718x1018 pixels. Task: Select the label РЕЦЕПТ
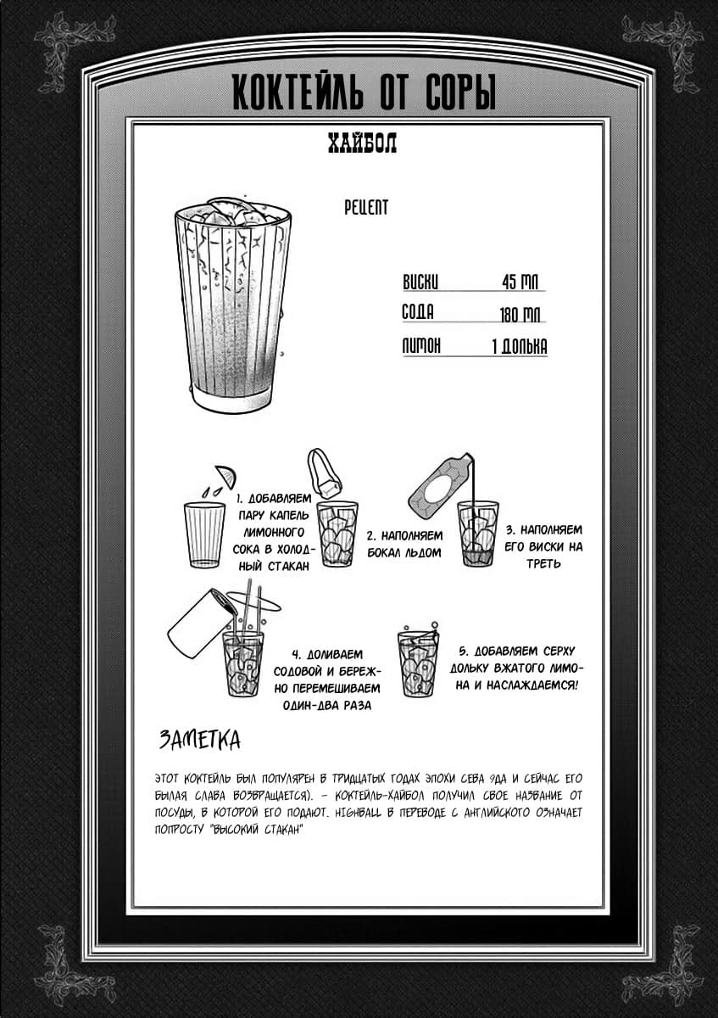pos(366,207)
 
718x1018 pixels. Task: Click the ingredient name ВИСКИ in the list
pos(420,282)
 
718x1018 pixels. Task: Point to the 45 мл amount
pos(520,282)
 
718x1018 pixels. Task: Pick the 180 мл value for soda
pos(520,315)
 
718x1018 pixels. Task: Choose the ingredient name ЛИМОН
pos(420,346)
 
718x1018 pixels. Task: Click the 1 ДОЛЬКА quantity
pos(519,346)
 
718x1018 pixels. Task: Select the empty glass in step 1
pos(204,534)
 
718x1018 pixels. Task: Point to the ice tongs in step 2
pos(323,472)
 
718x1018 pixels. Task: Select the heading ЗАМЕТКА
pos(199,740)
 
